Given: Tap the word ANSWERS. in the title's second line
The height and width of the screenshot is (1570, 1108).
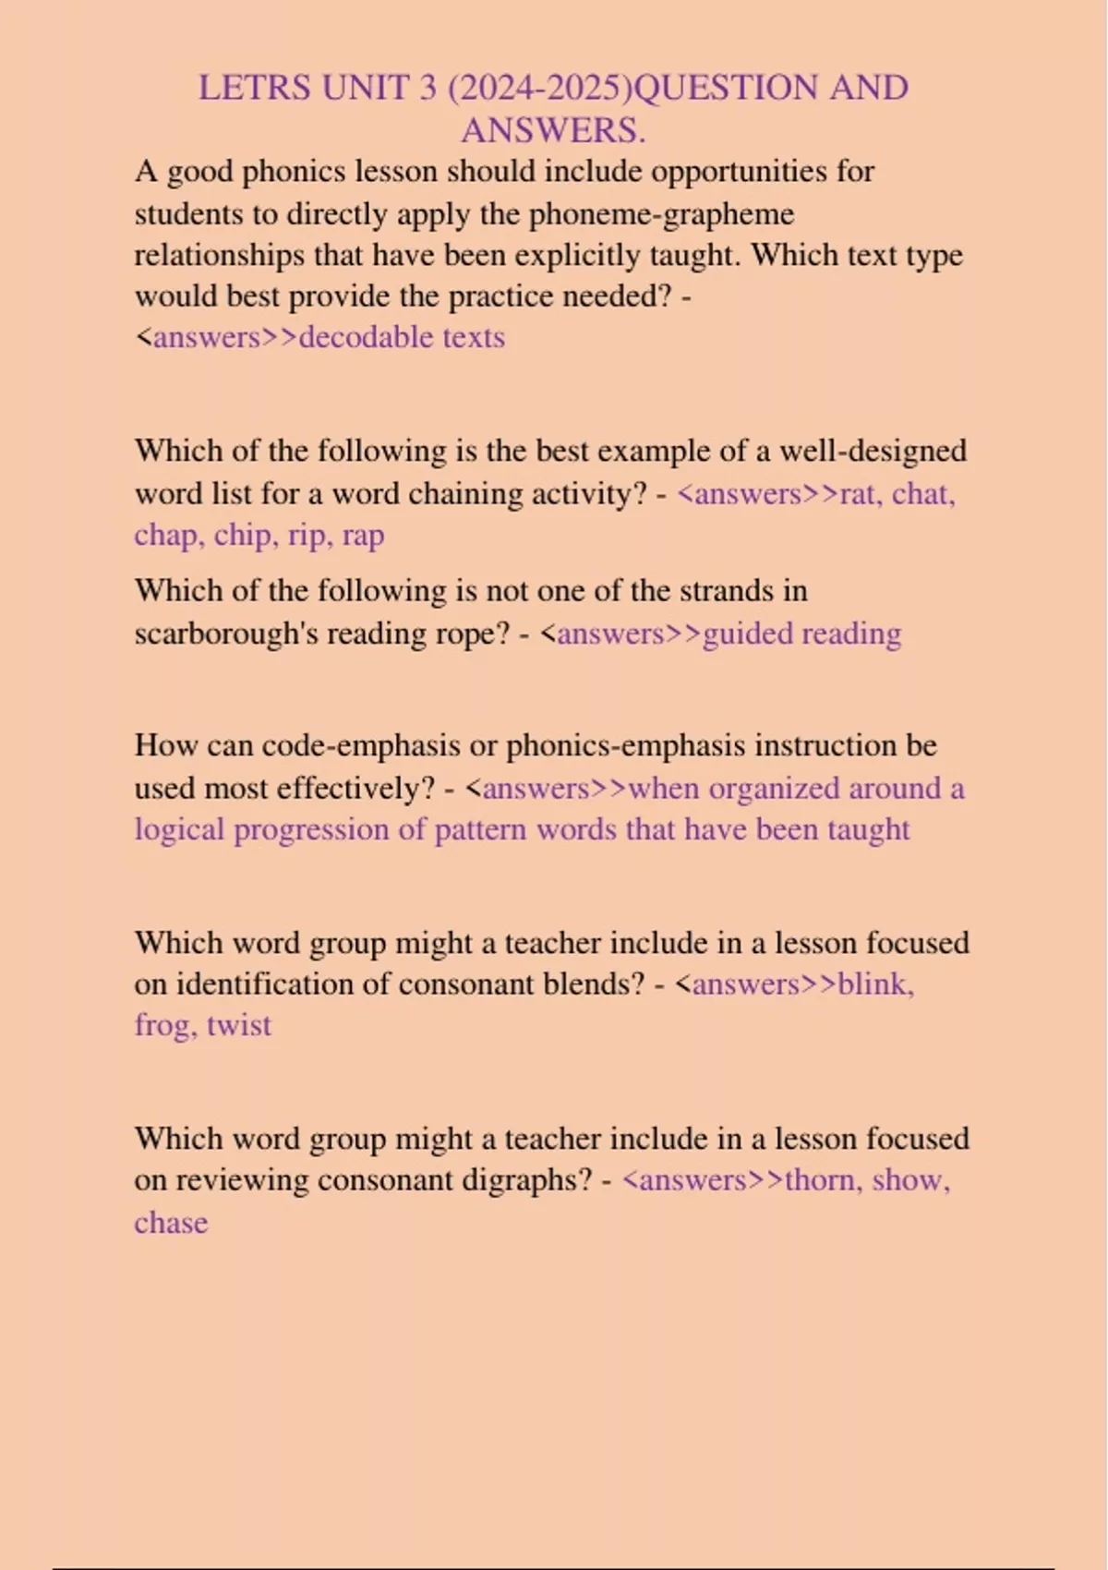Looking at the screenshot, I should click(553, 130).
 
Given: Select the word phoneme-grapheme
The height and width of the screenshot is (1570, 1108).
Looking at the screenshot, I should click(661, 214).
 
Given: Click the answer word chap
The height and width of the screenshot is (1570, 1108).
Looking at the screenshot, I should click(168, 536).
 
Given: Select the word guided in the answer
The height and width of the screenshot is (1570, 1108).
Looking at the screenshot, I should click(747, 634).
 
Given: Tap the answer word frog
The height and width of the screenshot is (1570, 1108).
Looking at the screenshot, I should click(165, 1025).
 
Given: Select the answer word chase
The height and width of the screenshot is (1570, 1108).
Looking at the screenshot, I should click(171, 1223).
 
